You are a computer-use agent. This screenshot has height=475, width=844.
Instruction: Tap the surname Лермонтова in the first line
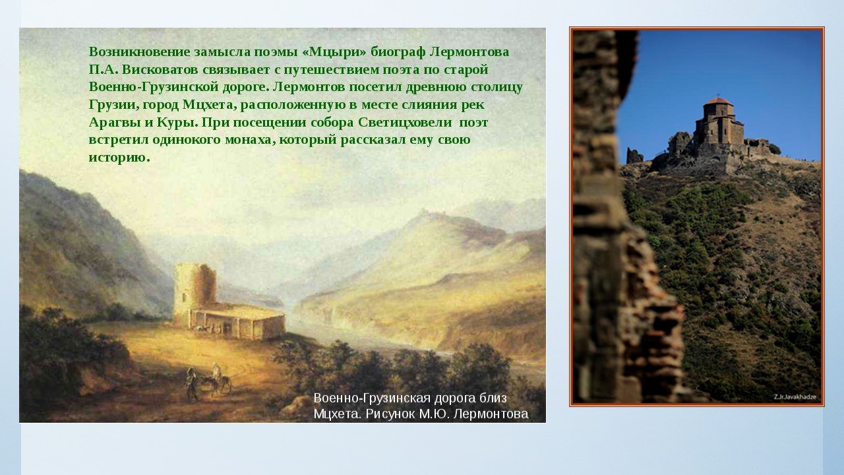pyautogui.click(x=469, y=51)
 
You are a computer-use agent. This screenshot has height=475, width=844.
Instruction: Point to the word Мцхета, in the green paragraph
pyautogui.click(x=210, y=105)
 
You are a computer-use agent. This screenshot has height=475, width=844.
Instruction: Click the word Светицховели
pyautogui.click(x=405, y=122)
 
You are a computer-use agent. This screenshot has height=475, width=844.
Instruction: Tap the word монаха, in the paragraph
pyautogui.click(x=250, y=140)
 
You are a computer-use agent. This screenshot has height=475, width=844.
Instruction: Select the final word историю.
pyautogui.click(x=119, y=157)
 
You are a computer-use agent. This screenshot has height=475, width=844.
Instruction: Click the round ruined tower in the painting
pyautogui.click(x=195, y=288)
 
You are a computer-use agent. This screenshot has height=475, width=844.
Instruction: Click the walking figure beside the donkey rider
pyautogui.click(x=191, y=384)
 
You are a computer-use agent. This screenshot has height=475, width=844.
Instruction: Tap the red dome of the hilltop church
pyautogui.click(x=718, y=101)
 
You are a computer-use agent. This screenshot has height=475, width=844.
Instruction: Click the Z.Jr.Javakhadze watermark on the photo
pyautogui.click(x=795, y=396)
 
